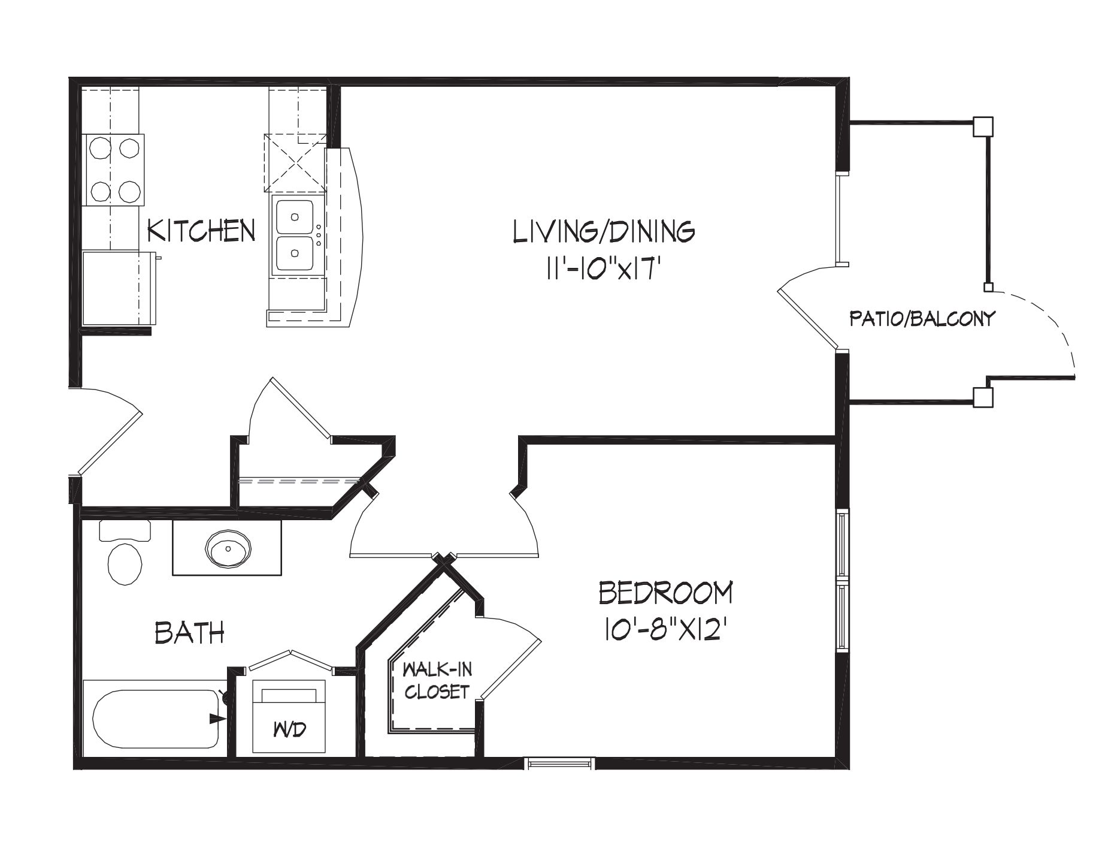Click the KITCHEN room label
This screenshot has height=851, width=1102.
coord(201,231)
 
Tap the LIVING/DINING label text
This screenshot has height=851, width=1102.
coord(604,231)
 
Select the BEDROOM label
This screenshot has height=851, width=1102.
coord(666,593)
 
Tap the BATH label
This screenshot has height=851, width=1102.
coord(190,632)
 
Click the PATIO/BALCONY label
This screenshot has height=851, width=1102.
coord(922,318)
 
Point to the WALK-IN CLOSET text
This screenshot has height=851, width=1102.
coord(436,680)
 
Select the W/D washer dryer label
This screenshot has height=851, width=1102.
coord(290,730)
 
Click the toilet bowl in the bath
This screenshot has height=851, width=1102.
coord(125,563)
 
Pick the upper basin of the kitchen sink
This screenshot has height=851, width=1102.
coord(294,217)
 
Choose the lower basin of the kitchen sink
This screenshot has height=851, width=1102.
coord(294,254)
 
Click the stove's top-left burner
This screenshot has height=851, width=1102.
coord(99,147)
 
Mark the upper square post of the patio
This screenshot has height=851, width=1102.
coord(983,126)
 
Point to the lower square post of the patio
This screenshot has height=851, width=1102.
coord(983,397)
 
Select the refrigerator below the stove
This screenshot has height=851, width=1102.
coord(119,288)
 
